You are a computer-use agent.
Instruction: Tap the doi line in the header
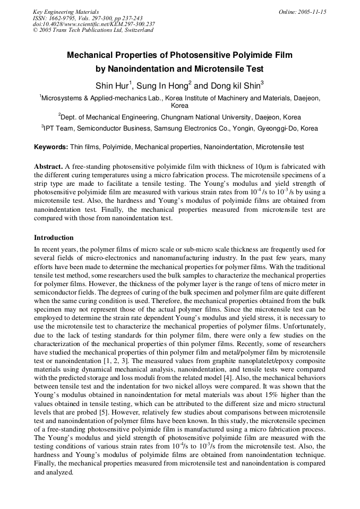coord(94,24)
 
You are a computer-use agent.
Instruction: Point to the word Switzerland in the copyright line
coord(137,30)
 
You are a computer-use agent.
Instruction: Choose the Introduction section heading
coord(54,237)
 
